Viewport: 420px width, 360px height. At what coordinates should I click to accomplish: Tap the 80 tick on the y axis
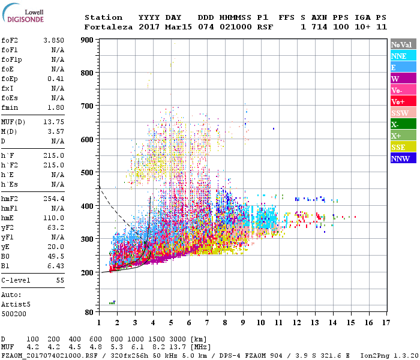pyautogui.click(x=89, y=313)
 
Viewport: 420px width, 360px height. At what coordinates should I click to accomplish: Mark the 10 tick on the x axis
pyautogui.click(x=261, y=323)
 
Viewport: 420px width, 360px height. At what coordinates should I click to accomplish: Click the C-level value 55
pyautogui.click(x=60, y=280)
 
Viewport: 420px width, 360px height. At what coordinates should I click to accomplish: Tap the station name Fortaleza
pyautogui.click(x=108, y=27)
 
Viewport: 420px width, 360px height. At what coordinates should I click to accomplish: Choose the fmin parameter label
pyautogui.click(x=11, y=107)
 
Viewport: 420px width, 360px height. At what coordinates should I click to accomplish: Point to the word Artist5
pyautogui.click(x=15, y=304)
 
